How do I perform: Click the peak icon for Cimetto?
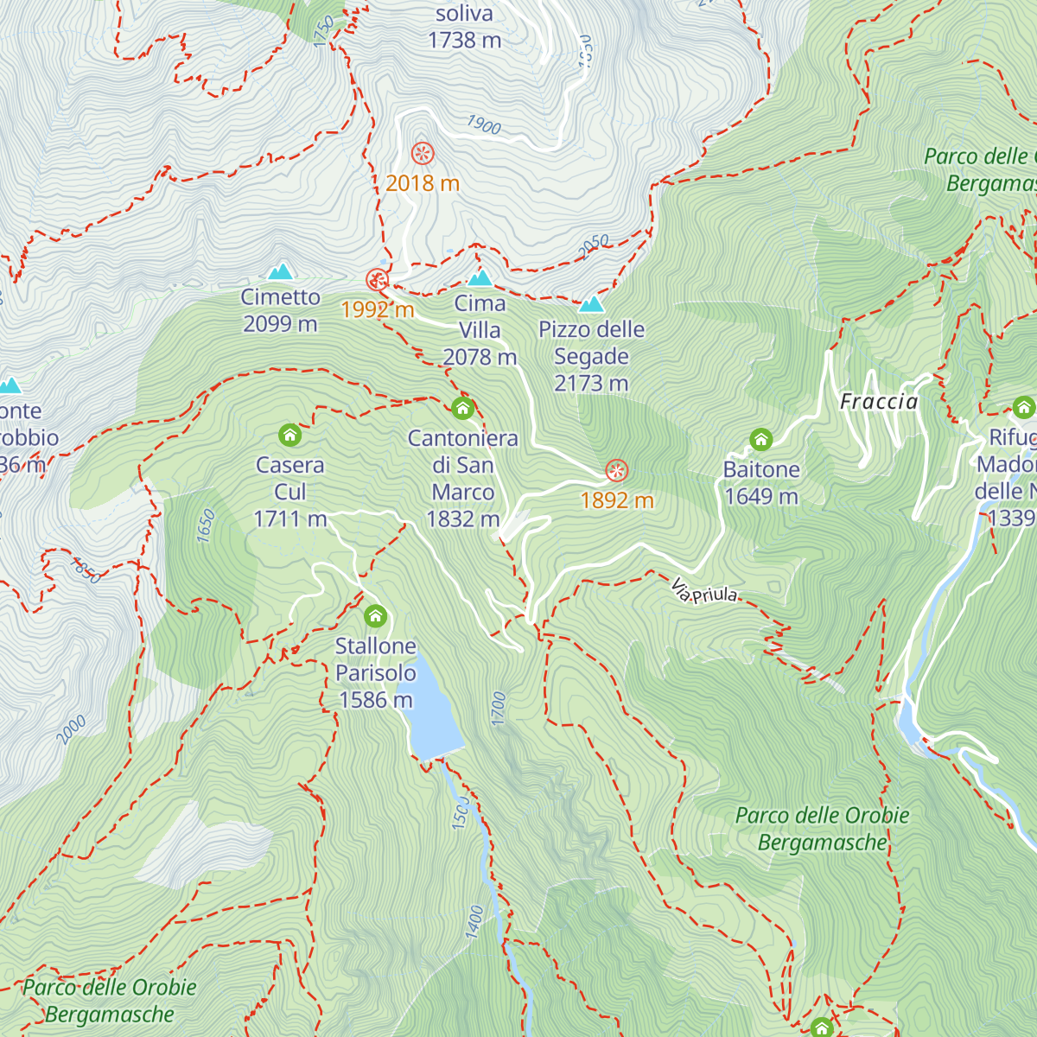point(280,272)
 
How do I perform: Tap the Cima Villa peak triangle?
point(480,277)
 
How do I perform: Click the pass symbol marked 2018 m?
point(423,154)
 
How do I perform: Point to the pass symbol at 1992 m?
point(377,279)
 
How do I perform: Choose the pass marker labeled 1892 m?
point(616,471)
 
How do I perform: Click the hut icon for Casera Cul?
point(289,435)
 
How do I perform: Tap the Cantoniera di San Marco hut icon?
point(463,408)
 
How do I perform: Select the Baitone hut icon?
point(760,440)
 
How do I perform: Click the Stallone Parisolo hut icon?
point(375,616)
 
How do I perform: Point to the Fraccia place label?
point(879,402)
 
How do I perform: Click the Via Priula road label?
point(704,592)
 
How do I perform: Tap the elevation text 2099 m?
point(280,324)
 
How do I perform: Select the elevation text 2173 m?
point(591,384)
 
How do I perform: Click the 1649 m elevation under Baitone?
point(760,497)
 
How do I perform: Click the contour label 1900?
point(484,125)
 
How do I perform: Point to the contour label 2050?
point(594,246)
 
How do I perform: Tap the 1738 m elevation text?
point(464,40)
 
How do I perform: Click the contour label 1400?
point(474,921)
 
